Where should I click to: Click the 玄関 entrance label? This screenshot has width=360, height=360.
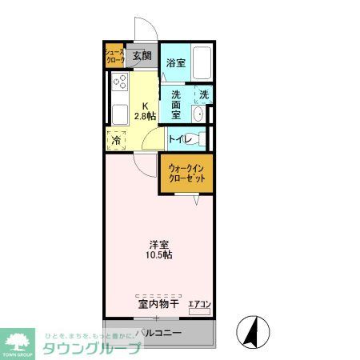pyautogui.click(x=142, y=56)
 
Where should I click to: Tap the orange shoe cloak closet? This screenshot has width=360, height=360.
pyautogui.click(x=115, y=56)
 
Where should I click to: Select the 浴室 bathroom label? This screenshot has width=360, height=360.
pyautogui.click(x=175, y=62)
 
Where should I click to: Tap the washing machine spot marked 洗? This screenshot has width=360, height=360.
pyautogui.click(x=204, y=94)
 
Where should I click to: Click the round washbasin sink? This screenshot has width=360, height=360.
pyautogui.click(x=198, y=113)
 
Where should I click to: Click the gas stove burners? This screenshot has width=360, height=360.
pyautogui.click(x=120, y=82)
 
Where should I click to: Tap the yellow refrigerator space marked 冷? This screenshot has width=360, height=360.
pyautogui.click(x=117, y=139)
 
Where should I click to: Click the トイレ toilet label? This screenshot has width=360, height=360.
pyautogui.click(x=180, y=139)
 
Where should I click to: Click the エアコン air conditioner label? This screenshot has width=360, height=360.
pyautogui.click(x=198, y=304)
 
